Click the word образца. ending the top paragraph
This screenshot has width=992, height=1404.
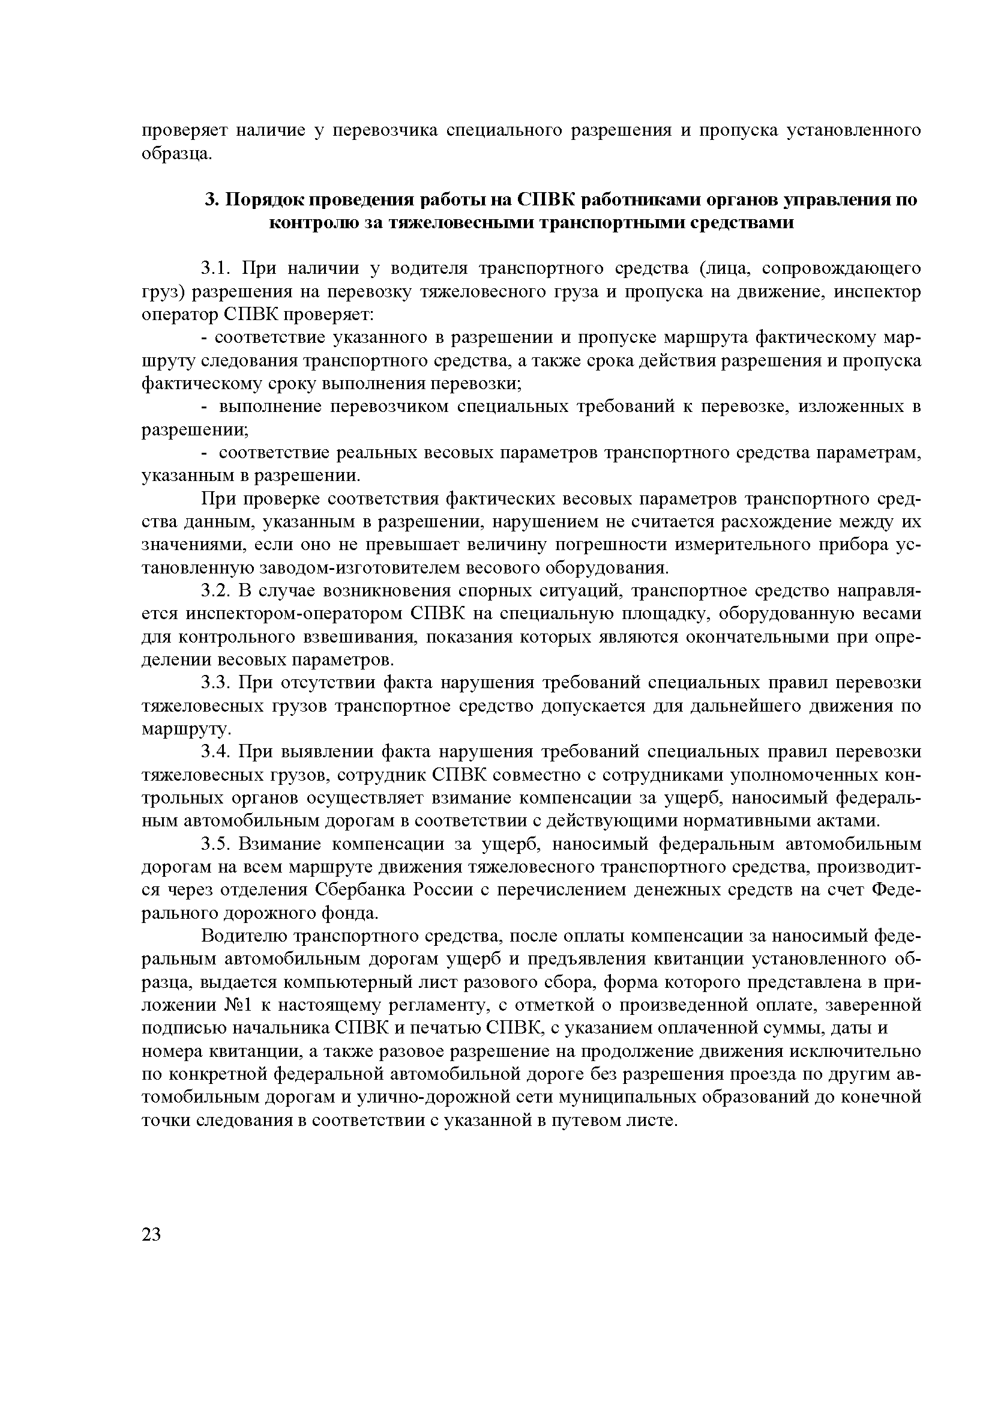[x=177, y=154]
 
